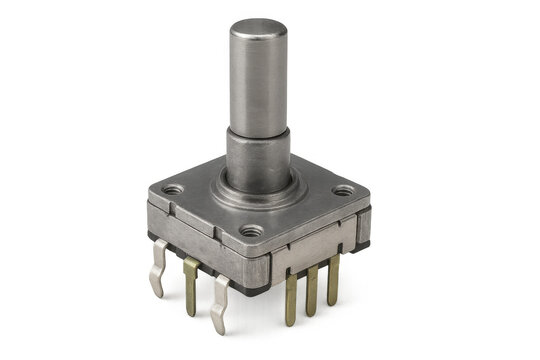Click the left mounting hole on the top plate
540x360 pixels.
(173, 188)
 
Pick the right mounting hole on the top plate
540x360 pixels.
(343, 189)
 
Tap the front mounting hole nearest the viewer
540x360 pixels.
(251, 232)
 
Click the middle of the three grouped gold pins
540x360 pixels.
(312, 290)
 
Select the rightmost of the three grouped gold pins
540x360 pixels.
(332, 280)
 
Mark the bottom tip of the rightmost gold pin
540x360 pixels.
(332, 302)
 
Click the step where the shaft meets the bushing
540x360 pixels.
(258, 130)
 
